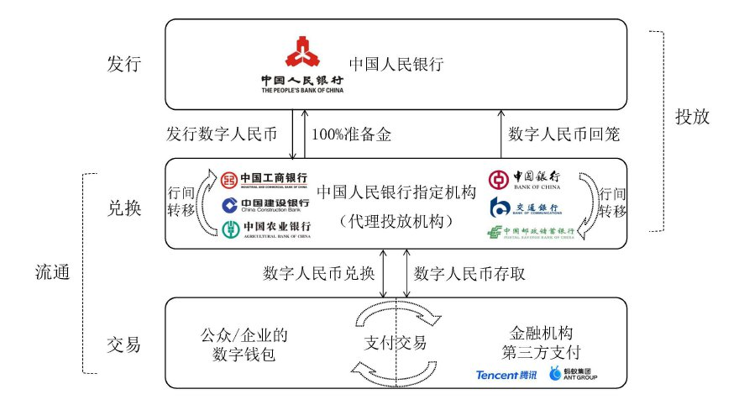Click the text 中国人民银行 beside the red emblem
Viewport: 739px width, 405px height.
pyautogui.click(x=396, y=64)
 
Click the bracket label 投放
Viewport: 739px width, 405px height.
pyautogui.click(x=693, y=117)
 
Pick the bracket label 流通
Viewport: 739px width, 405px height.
pyautogui.click(x=53, y=272)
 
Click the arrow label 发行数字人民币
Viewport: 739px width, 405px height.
pyautogui.click(x=222, y=134)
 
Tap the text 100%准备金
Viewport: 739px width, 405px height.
pyautogui.click(x=352, y=134)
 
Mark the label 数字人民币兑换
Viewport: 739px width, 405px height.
pyautogui.click(x=320, y=273)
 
